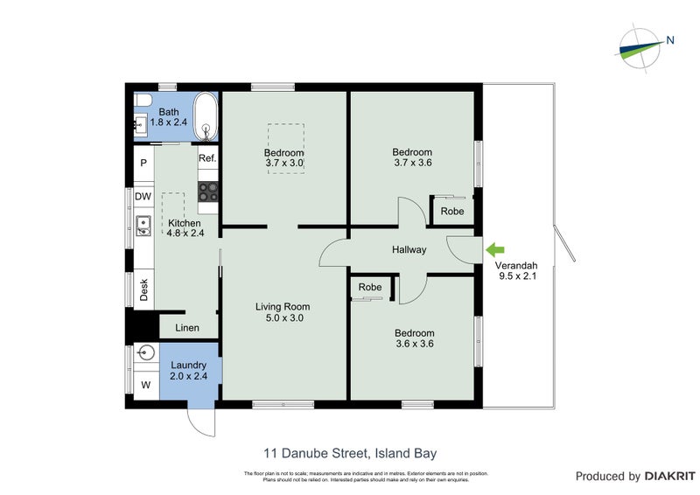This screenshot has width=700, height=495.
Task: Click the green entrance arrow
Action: pos(493,249)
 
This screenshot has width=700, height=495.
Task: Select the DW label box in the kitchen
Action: pos(143,197)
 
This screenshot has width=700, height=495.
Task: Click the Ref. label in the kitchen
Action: pos(207,158)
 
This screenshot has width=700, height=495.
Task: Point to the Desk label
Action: pos(143,289)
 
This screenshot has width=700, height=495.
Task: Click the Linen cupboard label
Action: pos(187,328)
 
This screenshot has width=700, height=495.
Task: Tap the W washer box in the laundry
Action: pos(145,385)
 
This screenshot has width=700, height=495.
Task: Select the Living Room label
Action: pos(283,306)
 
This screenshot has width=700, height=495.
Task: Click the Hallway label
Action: pos(409,250)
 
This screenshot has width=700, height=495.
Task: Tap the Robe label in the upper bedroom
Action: pos(452,212)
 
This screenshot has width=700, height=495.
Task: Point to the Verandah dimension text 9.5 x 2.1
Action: pos(516,276)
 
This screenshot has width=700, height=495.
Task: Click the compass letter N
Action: pos(669,38)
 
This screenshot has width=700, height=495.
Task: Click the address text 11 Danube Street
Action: pos(315,453)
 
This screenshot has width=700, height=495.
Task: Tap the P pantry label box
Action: pos(143,163)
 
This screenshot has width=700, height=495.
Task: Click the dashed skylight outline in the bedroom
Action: pos(284,148)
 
